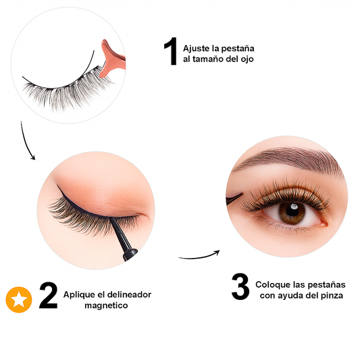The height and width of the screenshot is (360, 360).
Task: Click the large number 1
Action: click(170, 52)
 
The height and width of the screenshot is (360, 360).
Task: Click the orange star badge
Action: click(18, 300)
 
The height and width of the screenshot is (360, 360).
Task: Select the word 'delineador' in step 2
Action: click(129, 294)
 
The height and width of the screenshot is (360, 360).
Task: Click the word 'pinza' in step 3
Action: click(331, 296)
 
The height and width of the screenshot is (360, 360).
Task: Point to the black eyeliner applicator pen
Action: click(124, 237)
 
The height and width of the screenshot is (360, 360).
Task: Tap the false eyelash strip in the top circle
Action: click(61, 88)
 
